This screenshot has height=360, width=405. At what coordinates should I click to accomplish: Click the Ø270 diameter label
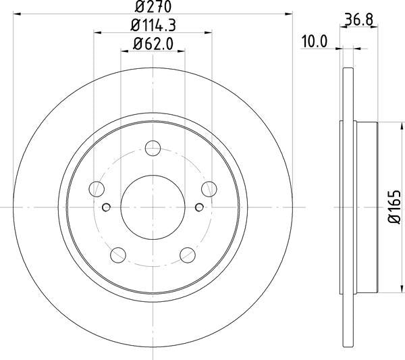[x=153, y=7]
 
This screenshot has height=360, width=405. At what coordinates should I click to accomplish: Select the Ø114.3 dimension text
[x=153, y=25]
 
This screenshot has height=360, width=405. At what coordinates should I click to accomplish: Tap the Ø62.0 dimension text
[x=153, y=44]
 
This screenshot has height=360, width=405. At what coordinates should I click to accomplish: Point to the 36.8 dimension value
[x=359, y=20]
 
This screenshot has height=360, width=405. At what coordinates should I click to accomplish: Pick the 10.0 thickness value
[x=314, y=42]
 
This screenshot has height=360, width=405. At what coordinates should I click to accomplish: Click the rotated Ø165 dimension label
[x=394, y=207]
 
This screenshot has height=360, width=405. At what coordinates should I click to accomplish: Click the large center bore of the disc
[x=153, y=207]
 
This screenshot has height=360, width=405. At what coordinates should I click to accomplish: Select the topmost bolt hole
[x=153, y=148]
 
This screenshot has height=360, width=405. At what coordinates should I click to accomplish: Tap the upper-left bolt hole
[x=97, y=189]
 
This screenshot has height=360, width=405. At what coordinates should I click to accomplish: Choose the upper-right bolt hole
[x=209, y=189]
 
